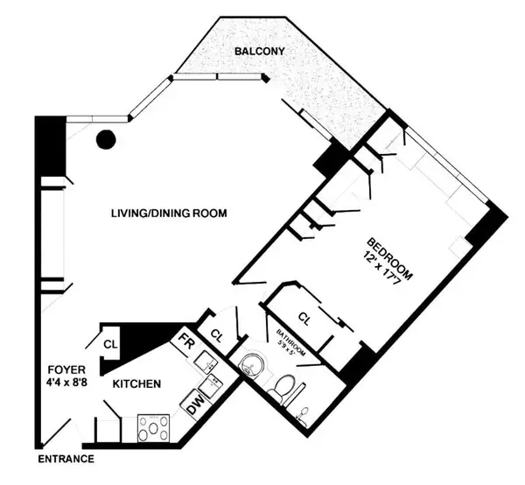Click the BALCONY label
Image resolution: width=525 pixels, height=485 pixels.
pos(259,53)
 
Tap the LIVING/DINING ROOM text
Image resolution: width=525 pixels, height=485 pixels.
pos(169,214)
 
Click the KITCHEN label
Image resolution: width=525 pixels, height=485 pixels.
pos(135,383)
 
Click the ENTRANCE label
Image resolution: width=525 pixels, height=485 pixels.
pos(66,459)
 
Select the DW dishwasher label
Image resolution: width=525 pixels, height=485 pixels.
pos(190,406)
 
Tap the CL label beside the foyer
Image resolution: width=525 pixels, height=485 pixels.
pos(110,342)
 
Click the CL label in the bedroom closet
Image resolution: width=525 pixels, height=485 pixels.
pos(305,317)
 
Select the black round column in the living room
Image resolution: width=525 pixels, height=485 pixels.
pos(107,137)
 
